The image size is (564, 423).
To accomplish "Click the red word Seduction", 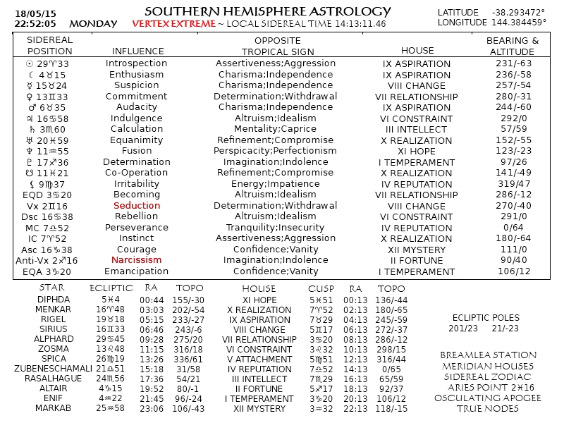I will pos(137,206).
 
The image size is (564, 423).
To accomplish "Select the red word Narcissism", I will pos(137,260).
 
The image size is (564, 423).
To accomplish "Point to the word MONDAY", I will pos(93,24).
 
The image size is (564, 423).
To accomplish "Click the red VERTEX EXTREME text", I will pos(173,24).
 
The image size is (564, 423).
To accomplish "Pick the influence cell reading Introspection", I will pos(137,63).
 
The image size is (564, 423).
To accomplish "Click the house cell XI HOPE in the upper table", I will pos(417,151).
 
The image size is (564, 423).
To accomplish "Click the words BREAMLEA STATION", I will pos(487,355).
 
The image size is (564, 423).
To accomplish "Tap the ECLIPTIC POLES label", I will pos(486,317).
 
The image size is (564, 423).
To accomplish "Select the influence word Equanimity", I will pos(137,140).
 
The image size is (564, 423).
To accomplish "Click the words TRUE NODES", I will pos(487,408).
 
